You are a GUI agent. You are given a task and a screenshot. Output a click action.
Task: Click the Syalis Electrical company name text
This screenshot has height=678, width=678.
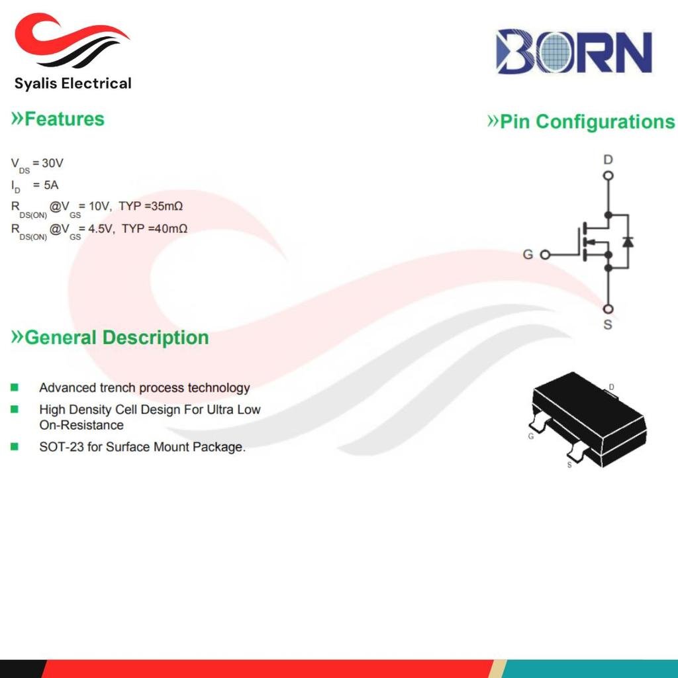click(x=73, y=83)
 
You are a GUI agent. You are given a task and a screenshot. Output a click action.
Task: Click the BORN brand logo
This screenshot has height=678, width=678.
click(x=574, y=52)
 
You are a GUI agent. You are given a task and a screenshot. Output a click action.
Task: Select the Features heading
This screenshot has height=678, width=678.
click(x=58, y=119)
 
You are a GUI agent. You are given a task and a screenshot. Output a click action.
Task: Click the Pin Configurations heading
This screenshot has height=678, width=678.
click(x=581, y=122)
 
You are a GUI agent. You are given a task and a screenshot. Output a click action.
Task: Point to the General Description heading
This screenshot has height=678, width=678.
click(x=110, y=337)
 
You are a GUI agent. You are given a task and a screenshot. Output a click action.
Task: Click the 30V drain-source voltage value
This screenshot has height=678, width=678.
click(x=53, y=163)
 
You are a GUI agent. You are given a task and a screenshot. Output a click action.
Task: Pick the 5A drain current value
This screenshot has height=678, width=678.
click(x=51, y=185)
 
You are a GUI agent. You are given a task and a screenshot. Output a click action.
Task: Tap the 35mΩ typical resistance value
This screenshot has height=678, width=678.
click(x=167, y=207)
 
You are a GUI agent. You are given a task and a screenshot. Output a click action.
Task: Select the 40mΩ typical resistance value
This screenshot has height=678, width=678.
click(x=171, y=228)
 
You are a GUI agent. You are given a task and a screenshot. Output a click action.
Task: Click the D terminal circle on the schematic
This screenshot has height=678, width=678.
click(x=608, y=175)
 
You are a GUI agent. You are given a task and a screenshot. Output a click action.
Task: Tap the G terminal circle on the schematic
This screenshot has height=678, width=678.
click(x=546, y=255)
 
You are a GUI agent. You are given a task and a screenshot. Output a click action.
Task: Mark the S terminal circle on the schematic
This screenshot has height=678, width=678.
click(x=608, y=309)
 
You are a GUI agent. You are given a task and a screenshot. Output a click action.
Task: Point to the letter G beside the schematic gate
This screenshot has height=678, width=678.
click(x=528, y=254)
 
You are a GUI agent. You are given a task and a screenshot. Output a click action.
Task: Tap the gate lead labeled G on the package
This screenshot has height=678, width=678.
click(x=538, y=422)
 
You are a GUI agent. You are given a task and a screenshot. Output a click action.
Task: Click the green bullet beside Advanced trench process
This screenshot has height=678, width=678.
click(x=15, y=387)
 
